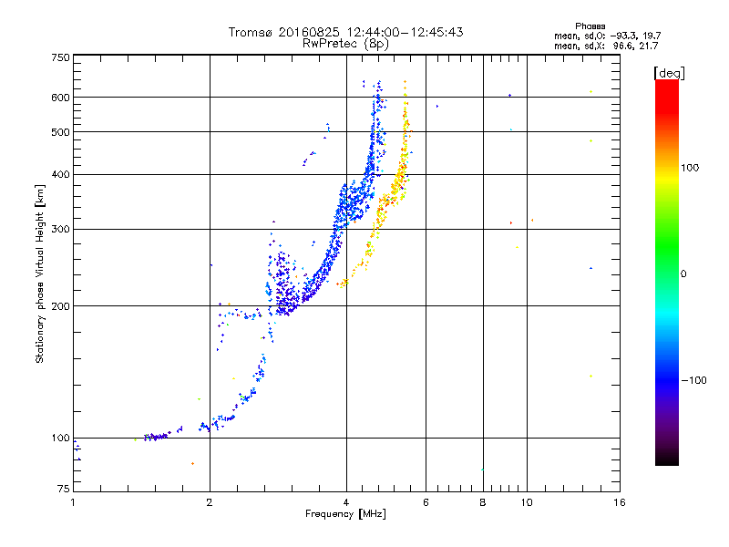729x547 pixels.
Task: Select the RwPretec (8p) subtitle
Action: pyautogui.click(x=345, y=44)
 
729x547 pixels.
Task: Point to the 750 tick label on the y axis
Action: pyautogui.click(x=60, y=57)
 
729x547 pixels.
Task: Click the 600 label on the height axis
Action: pyautogui.click(x=60, y=98)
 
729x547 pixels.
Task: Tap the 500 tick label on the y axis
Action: pyautogui.click(x=60, y=132)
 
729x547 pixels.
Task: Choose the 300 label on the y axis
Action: pyautogui.click(x=60, y=230)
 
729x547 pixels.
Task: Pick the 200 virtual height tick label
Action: pyautogui.click(x=60, y=306)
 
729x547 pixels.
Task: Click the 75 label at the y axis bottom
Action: pyautogui.click(x=64, y=489)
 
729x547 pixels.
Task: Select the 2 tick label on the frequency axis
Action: pyautogui.click(x=210, y=502)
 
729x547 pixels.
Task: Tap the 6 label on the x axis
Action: pyautogui.click(x=426, y=502)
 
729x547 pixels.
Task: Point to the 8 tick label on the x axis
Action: pyautogui.click(x=483, y=502)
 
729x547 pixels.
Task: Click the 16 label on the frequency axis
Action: pyautogui.click(x=620, y=502)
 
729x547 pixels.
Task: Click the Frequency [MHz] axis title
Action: pyautogui.click(x=345, y=514)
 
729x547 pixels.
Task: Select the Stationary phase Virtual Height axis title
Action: pyautogui.click(x=40, y=274)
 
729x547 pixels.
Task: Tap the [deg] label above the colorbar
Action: pyautogui.click(x=669, y=74)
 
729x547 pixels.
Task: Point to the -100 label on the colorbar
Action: pyautogui.click(x=694, y=380)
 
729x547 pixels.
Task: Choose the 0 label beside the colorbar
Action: pyautogui.click(x=683, y=274)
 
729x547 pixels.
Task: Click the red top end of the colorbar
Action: pyautogui.click(x=667, y=82)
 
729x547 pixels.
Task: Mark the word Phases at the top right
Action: pyautogui.click(x=590, y=26)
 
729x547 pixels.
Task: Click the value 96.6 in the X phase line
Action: pyautogui.click(x=623, y=46)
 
